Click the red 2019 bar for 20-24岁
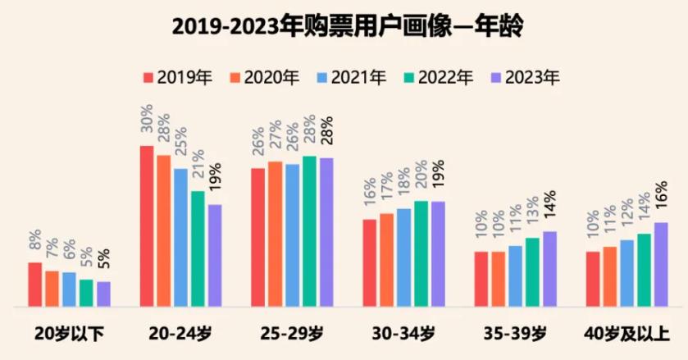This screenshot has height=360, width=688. click(x=147, y=226)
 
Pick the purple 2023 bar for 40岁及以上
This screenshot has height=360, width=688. click(x=661, y=264)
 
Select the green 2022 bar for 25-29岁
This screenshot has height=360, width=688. click(x=309, y=230)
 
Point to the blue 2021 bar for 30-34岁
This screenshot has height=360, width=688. click(x=403, y=257)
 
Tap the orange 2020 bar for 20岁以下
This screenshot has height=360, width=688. click(x=52, y=288)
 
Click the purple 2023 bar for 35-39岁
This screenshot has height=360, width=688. click(x=549, y=268)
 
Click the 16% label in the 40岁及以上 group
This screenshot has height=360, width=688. click(x=661, y=201)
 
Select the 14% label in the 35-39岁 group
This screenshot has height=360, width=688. click(x=549, y=210)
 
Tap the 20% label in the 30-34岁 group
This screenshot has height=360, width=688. click(x=421, y=180)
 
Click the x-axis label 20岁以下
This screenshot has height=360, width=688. click(x=69, y=334)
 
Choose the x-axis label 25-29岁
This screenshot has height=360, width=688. click(x=293, y=334)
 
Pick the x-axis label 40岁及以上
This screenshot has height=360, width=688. click(x=626, y=334)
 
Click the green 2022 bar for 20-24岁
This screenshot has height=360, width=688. click(x=198, y=248)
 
